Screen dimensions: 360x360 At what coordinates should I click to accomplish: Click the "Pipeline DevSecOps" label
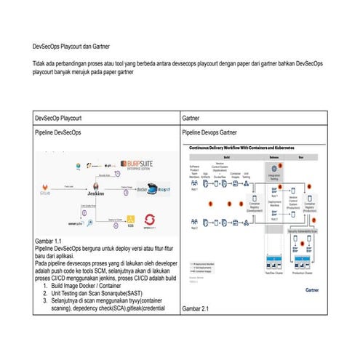[65, 134]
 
